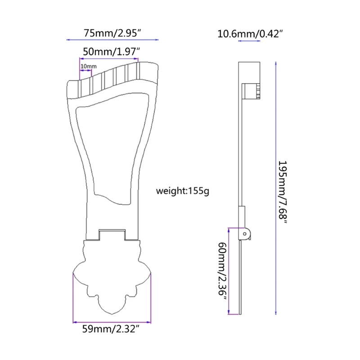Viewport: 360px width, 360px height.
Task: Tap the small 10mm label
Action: (88, 67)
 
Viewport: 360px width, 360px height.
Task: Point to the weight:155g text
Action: (182, 190)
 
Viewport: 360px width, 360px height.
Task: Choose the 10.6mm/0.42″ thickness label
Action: (250, 33)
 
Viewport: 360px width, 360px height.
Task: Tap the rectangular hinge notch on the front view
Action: (112, 235)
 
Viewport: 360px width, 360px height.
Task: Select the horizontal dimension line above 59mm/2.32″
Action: (112, 322)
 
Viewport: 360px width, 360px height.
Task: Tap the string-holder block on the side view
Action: (250, 91)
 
